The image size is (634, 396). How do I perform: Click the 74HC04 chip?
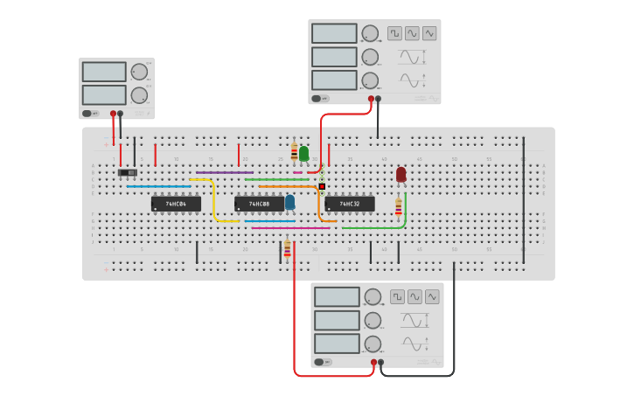pyautogui.click(x=176, y=204)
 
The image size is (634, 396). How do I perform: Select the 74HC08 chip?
pyautogui.click(x=259, y=204)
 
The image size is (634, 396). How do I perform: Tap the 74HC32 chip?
pyautogui.click(x=350, y=204)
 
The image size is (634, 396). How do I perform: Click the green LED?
pyautogui.click(x=303, y=154)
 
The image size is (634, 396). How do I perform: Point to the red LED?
pyautogui.click(x=401, y=175)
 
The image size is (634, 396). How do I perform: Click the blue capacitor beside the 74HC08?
pyautogui.click(x=289, y=202)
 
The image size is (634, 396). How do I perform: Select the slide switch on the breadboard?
pyautogui.click(x=128, y=173)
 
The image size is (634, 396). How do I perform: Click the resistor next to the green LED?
pyautogui.click(x=294, y=152)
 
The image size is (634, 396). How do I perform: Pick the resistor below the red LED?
pyautogui.click(x=399, y=207)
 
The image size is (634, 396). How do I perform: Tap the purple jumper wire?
pyautogui.click(x=224, y=172)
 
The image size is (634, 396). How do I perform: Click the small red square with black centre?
pyautogui.click(x=322, y=186)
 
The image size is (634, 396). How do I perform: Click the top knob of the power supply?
pyautogui.click(x=139, y=72)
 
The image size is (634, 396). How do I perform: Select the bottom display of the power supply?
pyautogui.click(x=104, y=94)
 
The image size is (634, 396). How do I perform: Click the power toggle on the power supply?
pyautogui.click(x=88, y=113)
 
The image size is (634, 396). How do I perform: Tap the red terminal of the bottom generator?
pyautogui.click(x=373, y=362)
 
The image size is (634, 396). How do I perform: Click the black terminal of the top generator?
pyautogui.click(x=378, y=99)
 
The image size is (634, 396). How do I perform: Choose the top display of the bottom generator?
pyautogui.click(x=337, y=296)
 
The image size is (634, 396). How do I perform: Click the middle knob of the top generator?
pyautogui.click(x=370, y=57)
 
